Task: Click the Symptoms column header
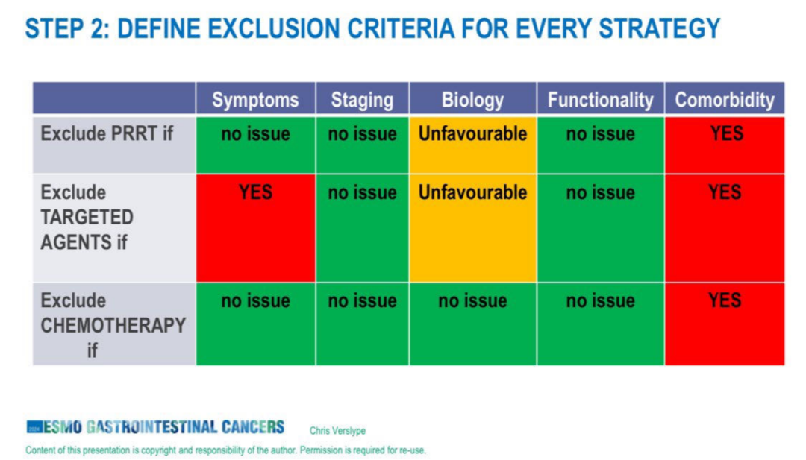click(255, 99)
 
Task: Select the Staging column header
click(363, 99)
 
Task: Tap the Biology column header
click(473, 99)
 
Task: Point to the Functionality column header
click(600, 99)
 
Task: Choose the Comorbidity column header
click(725, 99)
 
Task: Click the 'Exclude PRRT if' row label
click(107, 134)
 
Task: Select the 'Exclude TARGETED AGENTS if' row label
click(87, 217)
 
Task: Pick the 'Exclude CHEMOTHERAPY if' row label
click(113, 325)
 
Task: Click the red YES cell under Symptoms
click(255, 228)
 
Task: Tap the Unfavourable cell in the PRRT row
click(473, 145)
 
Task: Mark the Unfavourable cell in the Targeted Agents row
click(473, 228)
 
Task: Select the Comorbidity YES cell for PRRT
click(725, 145)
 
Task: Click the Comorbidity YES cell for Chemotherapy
click(725, 324)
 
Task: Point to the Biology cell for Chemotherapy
click(473, 324)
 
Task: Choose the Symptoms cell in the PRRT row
click(255, 145)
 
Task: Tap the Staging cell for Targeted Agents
click(363, 228)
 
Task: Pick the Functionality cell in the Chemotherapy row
click(600, 324)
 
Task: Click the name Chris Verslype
click(337, 431)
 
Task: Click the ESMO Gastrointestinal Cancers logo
click(155, 426)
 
